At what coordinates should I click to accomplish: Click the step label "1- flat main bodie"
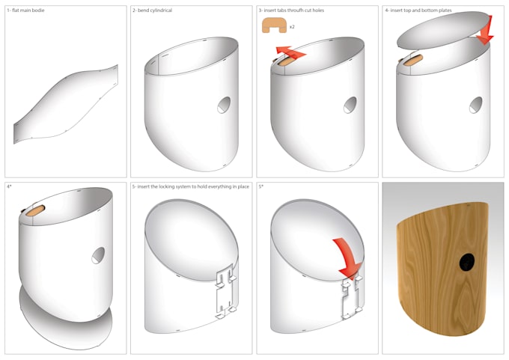point(26,11)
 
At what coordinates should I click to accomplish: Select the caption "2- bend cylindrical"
point(154,11)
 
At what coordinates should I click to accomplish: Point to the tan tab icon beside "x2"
point(274,25)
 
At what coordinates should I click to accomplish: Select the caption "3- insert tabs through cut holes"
point(293,11)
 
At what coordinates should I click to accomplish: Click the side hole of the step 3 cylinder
point(350,106)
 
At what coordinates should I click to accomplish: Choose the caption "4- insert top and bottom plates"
point(418,11)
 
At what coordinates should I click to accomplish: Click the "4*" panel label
point(10,185)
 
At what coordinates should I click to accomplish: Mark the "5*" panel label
point(260,185)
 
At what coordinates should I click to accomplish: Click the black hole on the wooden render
point(466,262)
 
